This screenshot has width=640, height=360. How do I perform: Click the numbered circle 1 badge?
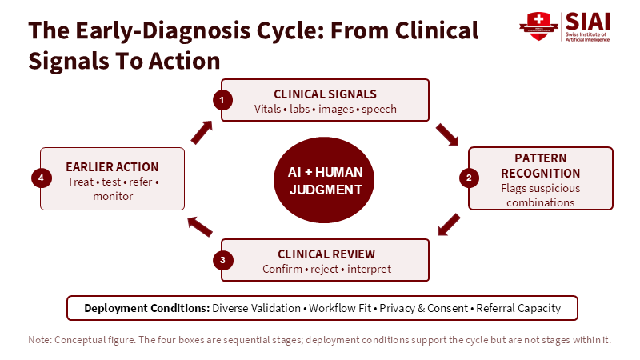(222, 100)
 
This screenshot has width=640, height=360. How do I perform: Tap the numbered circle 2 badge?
(469, 178)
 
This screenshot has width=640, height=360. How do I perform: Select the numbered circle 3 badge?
(223, 260)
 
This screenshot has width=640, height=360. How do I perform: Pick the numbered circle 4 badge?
(42, 178)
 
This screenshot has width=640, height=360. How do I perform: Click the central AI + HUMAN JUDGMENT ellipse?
(324, 180)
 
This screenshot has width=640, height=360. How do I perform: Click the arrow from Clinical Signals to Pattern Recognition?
(447, 134)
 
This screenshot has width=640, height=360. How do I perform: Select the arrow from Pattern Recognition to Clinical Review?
(449, 225)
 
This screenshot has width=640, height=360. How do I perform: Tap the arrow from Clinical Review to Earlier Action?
(199, 227)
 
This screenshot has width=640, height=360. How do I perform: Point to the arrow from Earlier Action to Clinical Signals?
(202, 132)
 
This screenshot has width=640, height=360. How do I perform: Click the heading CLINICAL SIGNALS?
(325, 94)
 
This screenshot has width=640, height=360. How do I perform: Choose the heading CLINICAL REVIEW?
(326, 254)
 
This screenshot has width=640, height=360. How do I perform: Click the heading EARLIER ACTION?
(112, 167)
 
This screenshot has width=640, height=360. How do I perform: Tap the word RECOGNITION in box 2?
(541, 174)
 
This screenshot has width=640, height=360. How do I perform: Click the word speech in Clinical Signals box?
(378, 110)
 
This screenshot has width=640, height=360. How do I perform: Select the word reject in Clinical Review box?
(325, 270)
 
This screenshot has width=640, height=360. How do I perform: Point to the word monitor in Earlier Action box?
(113, 196)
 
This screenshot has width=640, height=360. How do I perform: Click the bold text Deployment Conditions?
(147, 308)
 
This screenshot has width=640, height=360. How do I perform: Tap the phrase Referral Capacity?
(518, 308)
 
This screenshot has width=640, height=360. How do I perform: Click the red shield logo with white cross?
(538, 26)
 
